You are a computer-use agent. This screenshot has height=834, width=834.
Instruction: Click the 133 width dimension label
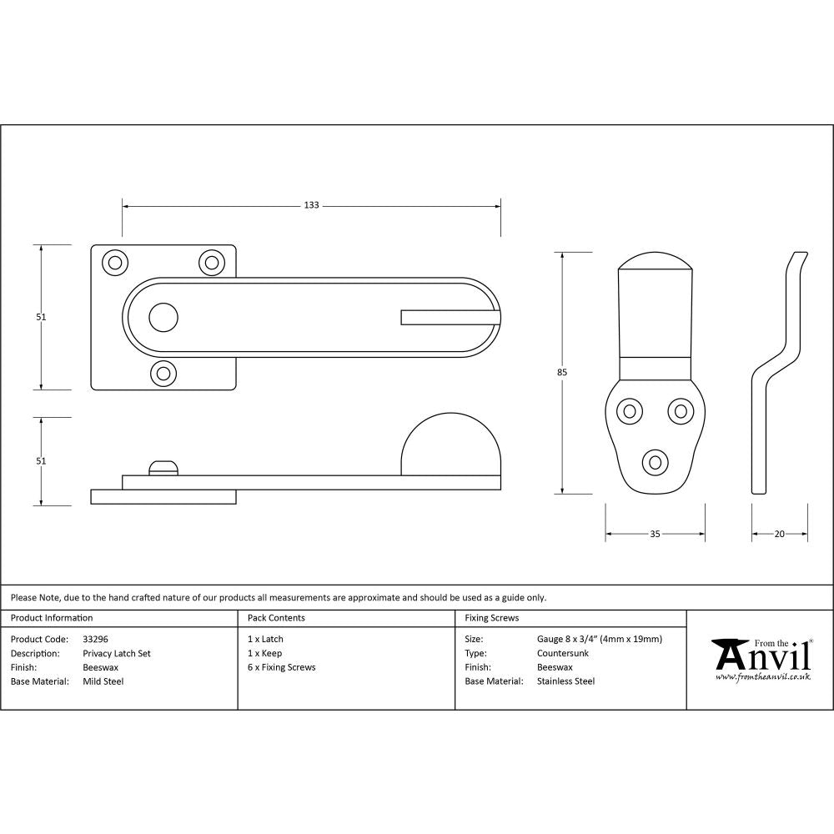[311, 205]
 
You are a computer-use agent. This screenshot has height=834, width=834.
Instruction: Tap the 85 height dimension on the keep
[563, 373]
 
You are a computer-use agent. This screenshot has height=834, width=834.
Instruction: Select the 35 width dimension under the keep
[655, 534]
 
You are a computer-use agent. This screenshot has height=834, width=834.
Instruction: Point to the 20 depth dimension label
[779, 534]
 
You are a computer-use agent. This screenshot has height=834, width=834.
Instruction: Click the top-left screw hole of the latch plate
[114, 262]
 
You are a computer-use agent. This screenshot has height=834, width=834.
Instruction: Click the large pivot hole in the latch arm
[163, 317]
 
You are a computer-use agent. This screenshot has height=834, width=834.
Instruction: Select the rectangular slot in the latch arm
[450, 317]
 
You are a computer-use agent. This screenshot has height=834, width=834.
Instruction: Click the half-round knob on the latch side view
[450, 446]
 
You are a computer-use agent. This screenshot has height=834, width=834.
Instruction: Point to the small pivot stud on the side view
[163, 467]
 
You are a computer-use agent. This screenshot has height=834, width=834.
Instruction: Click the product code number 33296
[96, 640]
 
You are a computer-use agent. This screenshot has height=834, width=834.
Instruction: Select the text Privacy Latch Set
[117, 654]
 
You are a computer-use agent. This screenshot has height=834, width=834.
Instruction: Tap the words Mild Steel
[103, 681]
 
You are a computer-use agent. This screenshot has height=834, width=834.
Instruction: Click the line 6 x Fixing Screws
[282, 667]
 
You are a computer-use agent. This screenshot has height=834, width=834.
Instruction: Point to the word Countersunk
[563, 654]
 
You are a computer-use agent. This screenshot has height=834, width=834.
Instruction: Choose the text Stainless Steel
[566, 681]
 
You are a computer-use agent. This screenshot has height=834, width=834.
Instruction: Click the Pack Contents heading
[276, 618]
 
